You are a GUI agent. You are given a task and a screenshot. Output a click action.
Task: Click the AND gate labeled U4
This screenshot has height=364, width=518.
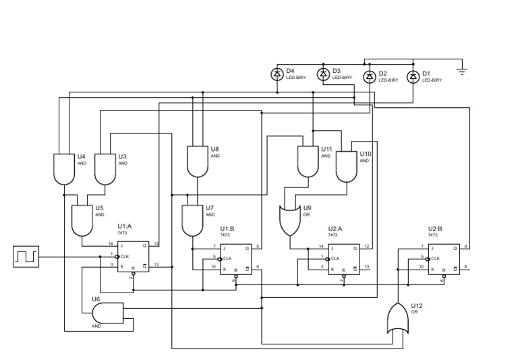(x=63, y=169)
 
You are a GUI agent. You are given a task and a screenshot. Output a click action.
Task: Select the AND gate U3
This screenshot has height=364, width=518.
(x=105, y=169)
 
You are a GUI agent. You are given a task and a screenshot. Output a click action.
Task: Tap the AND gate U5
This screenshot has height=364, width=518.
(x=82, y=220)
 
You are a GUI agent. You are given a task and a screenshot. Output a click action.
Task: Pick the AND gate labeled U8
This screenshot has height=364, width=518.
(x=198, y=160)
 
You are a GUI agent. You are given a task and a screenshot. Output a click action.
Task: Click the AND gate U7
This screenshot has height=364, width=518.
(x=194, y=220)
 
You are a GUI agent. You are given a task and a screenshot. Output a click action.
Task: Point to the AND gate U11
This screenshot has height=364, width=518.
(x=308, y=160)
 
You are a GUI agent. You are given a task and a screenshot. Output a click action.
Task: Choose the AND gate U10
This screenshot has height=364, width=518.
(x=346, y=166)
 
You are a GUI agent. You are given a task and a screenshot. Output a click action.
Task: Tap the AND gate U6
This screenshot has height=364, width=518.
(x=107, y=312)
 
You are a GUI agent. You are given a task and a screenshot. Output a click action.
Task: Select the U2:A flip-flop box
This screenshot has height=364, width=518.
(x=343, y=259)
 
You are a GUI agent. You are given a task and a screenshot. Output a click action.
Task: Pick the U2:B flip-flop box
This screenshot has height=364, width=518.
(x=443, y=259)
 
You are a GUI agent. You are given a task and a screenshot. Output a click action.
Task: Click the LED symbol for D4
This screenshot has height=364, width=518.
(x=277, y=74)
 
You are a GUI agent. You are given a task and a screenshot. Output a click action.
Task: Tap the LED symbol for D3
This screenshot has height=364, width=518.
(x=323, y=73)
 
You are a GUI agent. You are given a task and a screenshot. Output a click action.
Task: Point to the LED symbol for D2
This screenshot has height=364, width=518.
(x=369, y=76)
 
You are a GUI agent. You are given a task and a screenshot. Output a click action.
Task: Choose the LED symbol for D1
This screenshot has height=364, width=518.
(x=413, y=76)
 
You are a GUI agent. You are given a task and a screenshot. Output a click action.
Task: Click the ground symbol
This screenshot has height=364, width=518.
(x=462, y=70)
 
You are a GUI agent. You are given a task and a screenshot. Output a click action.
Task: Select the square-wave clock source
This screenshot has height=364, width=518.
(x=26, y=256)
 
